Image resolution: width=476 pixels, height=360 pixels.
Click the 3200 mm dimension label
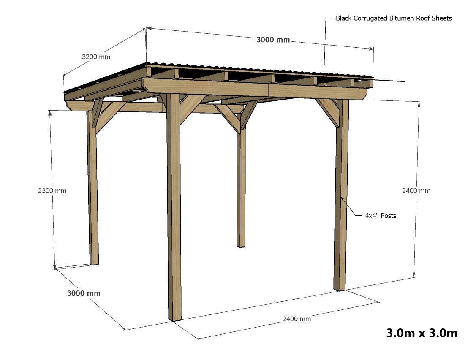pyautogui.click(x=96, y=57)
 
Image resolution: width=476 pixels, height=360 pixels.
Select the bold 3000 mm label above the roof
pyautogui.click(x=273, y=40)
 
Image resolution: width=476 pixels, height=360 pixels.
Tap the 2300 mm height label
pyautogui.click(x=52, y=191)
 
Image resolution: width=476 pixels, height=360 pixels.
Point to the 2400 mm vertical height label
pyautogui.click(x=416, y=191)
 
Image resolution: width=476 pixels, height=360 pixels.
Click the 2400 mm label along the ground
pyautogui.click(x=296, y=319)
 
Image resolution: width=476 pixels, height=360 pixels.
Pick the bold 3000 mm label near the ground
pyautogui.click(x=84, y=293)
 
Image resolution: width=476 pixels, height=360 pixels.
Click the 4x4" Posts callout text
pyautogui.click(x=381, y=216)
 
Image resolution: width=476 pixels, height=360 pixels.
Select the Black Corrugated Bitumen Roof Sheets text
pyautogui.click(x=394, y=18)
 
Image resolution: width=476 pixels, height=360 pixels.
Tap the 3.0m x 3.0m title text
pyautogui.click(x=422, y=333)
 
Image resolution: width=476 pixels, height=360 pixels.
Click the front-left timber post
pyautogui.click(x=174, y=211)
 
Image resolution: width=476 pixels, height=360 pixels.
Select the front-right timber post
pyautogui.click(x=341, y=198)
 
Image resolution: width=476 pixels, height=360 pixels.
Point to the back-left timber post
pyautogui.click(x=93, y=190)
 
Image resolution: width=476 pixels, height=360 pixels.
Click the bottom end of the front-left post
pyautogui.click(x=175, y=317)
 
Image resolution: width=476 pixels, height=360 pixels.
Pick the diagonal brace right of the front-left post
pyautogui.click(x=192, y=108)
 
